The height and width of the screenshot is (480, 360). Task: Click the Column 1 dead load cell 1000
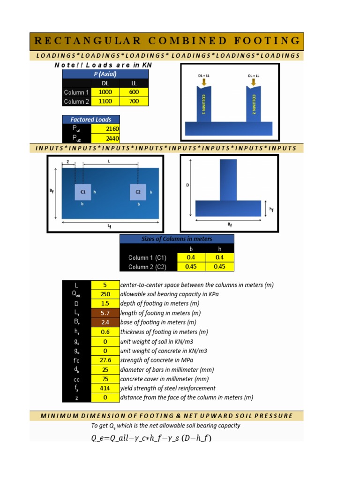pyautogui.click(x=105, y=92)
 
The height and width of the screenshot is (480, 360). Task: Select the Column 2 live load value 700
pyautogui.click(x=134, y=101)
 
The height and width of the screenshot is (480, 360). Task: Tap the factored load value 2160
pyautogui.click(x=105, y=128)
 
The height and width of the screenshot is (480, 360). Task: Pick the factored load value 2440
pyautogui.click(x=105, y=138)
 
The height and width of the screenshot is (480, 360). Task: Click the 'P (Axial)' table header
pyautogui.click(x=105, y=74)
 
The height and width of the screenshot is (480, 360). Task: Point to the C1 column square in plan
pyautogui.click(x=83, y=192)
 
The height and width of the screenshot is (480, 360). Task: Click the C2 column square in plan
pyautogui.click(x=138, y=192)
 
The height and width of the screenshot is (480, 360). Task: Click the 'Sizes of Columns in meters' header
pyautogui.click(x=177, y=239)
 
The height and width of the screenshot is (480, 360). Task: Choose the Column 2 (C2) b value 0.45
pyautogui.click(x=191, y=267)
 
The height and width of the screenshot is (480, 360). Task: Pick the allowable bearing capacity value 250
pyautogui.click(x=105, y=294)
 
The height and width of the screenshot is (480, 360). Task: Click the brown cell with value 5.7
pyautogui.click(x=105, y=313)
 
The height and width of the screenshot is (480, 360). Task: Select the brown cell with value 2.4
pyautogui.click(x=105, y=322)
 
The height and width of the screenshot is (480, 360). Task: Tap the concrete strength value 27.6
pyautogui.click(x=105, y=360)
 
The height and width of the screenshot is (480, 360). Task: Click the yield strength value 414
pyautogui.click(x=105, y=388)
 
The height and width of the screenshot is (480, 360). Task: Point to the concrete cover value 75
pyautogui.click(x=105, y=379)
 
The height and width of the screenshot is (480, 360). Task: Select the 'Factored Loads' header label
pyautogui.click(x=90, y=120)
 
